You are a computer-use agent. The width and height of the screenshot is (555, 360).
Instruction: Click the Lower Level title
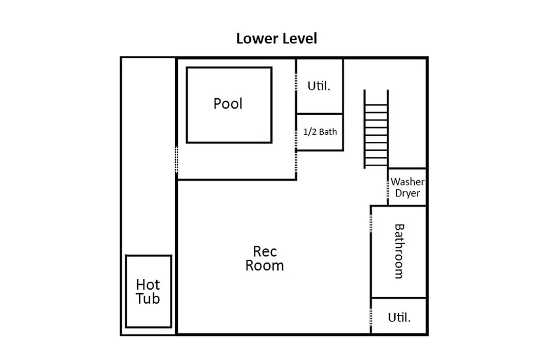[x=276, y=39]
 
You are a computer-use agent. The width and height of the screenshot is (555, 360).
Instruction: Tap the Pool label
[x=228, y=104]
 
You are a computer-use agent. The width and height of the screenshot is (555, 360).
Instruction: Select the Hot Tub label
[x=148, y=292]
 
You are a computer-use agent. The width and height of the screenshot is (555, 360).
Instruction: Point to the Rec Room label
[x=265, y=259]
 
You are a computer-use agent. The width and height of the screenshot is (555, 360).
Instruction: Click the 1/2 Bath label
[x=320, y=132]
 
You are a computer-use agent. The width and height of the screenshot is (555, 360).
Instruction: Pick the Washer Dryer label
[x=408, y=187]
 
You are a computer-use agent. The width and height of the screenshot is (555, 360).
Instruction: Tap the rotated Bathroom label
[x=399, y=251]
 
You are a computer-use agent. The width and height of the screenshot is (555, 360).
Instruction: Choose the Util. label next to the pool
[x=319, y=86]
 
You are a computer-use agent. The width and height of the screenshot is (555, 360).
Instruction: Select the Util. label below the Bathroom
[x=399, y=317]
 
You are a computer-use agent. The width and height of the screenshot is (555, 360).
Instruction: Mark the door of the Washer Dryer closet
[x=388, y=189]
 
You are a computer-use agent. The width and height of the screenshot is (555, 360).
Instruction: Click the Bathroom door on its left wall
[x=371, y=223]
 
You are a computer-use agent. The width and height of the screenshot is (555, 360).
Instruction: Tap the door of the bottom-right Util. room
[x=371, y=316]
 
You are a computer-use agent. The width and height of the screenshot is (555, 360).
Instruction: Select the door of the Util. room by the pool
[x=297, y=82]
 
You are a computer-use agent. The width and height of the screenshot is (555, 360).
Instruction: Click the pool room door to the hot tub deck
[x=177, y=160]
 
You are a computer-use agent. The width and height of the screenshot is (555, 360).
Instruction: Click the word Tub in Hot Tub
[x=148, y=299]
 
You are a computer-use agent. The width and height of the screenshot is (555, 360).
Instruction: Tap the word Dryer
[x=408, y=193]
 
